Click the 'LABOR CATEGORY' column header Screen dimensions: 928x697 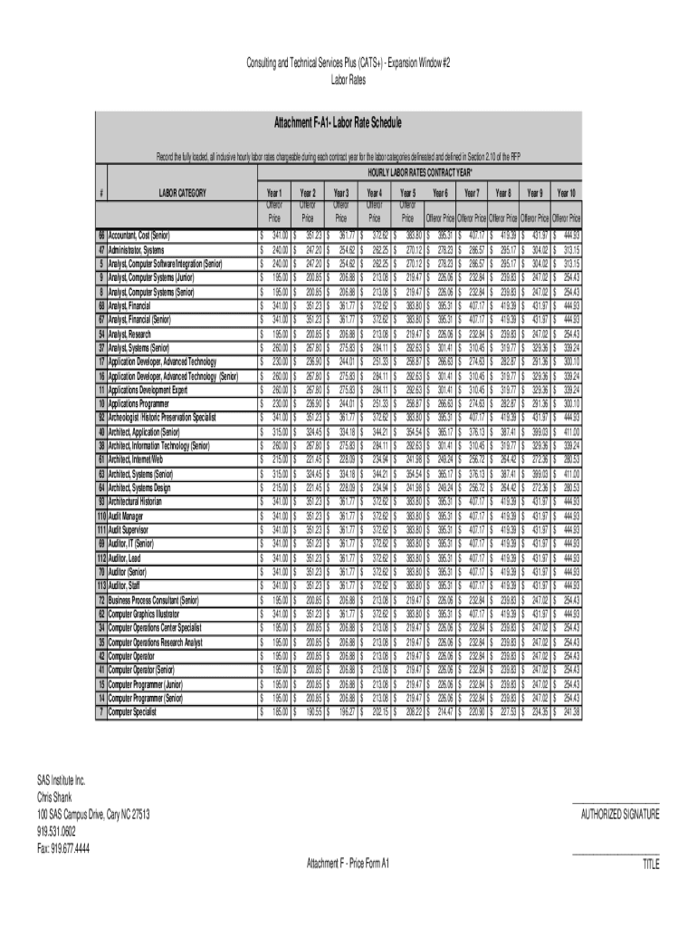click(x=182, y=192)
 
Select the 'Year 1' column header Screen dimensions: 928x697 click(x=274, y=193)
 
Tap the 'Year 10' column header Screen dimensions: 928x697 click(x=568, y=193)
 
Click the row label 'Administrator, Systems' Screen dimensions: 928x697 click(x=136, y=249)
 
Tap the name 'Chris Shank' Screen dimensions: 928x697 click(x=56, y=797)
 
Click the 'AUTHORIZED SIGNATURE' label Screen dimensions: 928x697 click(x=620, y=814)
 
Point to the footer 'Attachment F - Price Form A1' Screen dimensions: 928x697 click(x=348, y=863)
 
